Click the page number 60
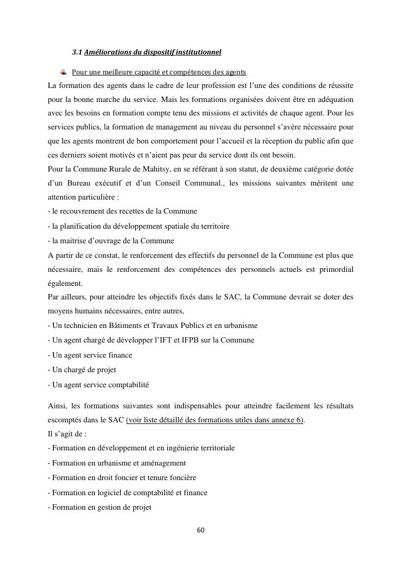click(x=201, y=530)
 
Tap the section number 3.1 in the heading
click(x=77, y=52)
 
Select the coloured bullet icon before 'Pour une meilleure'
click(x=63, y=72)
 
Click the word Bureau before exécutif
click(x=81, y=183)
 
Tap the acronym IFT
click(x=175, y=340)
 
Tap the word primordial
click(x=333, y=269)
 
